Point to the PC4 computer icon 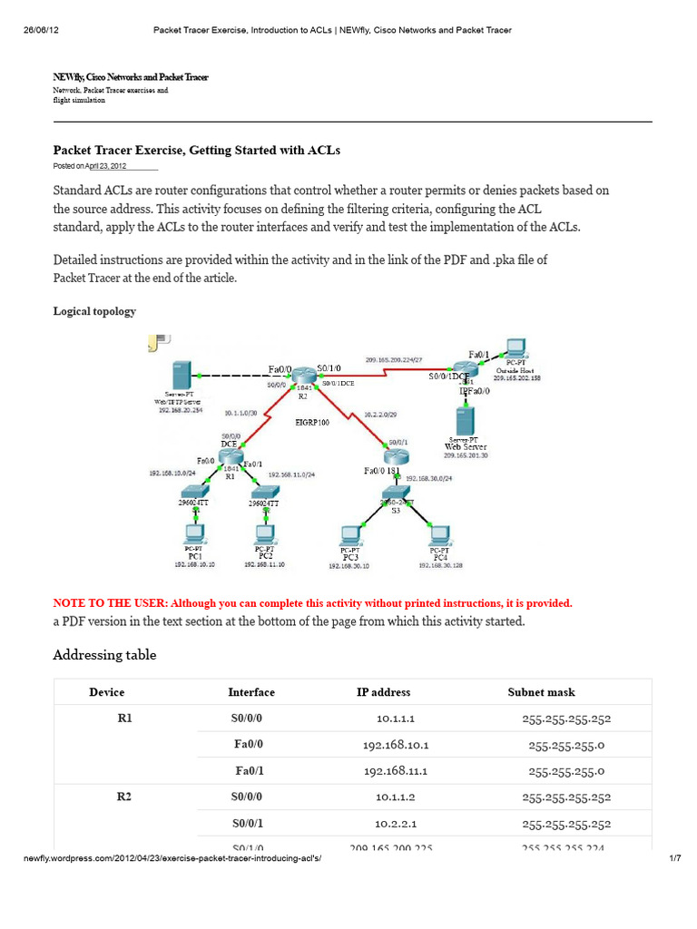440,534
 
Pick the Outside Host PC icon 515,347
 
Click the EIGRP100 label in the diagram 313,422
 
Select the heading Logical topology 94,311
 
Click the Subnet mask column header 541,692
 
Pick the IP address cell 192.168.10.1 395,745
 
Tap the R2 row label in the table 125,797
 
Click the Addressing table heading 104,655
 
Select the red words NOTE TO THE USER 110,603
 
